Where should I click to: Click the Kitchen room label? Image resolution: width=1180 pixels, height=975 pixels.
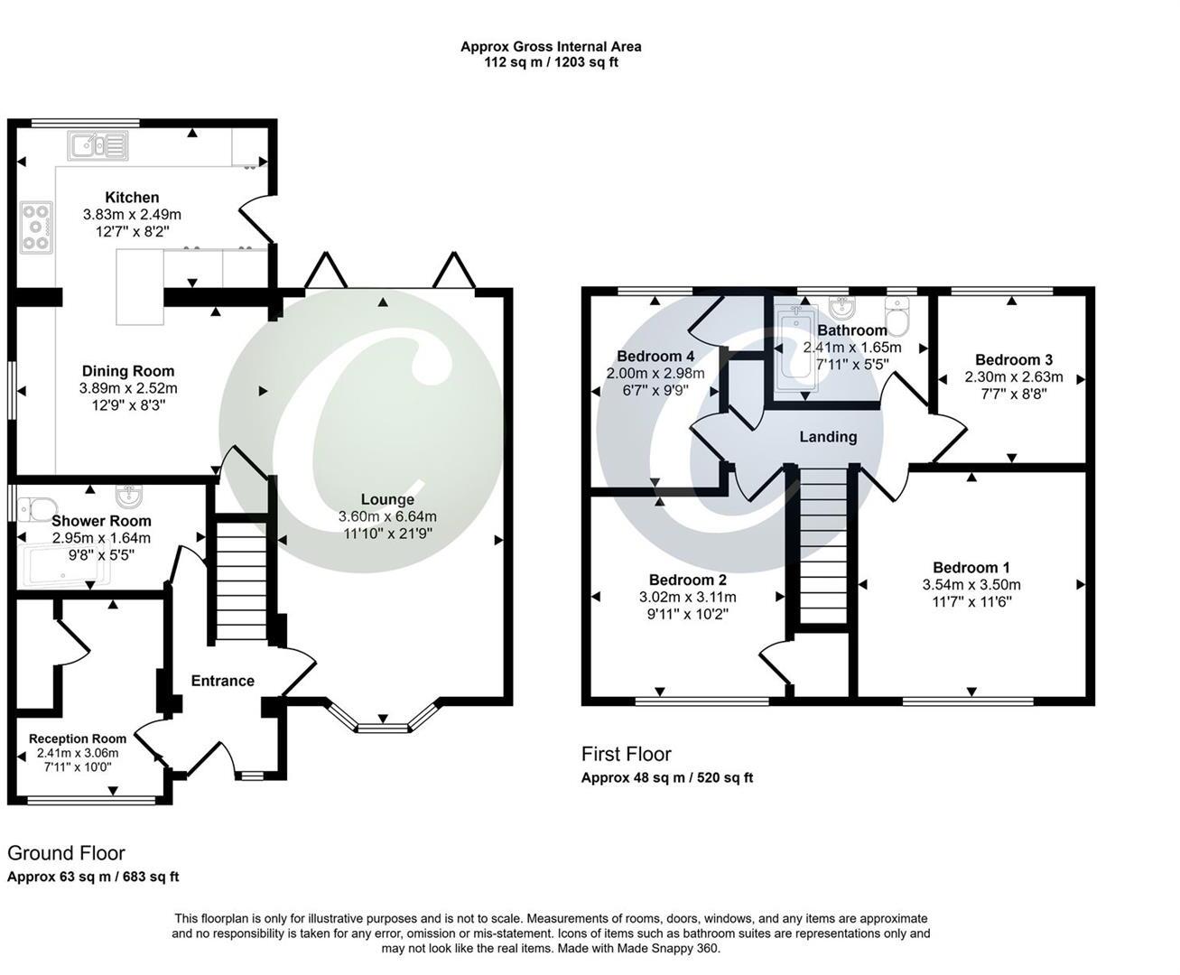pyautogui.click(x=132, y=198)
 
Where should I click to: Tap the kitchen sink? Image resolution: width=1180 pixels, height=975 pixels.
pyautogui.click(x=98, y=145)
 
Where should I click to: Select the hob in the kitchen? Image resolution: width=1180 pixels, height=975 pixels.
pyautogui.click(x=37, y=227)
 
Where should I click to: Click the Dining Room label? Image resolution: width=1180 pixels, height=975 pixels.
pyautogui.click(x=128, y=371)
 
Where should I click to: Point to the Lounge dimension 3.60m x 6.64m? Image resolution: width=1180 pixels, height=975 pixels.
pyautogui.click(x=387, y=516)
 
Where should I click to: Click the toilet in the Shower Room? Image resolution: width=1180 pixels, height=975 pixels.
pyautogui.click(x=35, y=508)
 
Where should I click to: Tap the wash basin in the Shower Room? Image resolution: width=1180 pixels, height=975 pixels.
pyautogui.click(x=130, y=496)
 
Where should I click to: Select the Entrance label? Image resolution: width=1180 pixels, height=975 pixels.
pyautogui.click(x=223, y=681)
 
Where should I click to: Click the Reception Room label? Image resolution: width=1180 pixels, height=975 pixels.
pyautogui.click(x=78, y=738)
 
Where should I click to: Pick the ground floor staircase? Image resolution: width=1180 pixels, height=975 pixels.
pyautogui.click(x=242, y=580)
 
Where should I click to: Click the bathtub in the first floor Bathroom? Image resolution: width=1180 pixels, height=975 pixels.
pyautogui.click(x=796, y=348)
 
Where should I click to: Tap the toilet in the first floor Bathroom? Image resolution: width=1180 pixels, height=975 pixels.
pyautogui.click(x=897, y=318)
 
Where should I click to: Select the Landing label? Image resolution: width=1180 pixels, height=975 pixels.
pyautogui.click(x=828, y=437)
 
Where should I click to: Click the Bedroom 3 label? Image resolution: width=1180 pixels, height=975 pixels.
pyautogui.click(x=1014, y=359)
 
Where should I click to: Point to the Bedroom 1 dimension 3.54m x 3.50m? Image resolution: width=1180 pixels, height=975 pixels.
pyautogui.click(x=971, y=584)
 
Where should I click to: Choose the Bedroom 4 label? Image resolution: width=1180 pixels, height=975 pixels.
pyautogui.click(x=655, y=356)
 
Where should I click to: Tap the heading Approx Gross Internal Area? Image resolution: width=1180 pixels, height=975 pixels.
pyautogui.click(x=551, y=46)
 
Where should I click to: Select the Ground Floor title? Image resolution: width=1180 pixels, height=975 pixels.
pyautogui.click(x=66, y=853)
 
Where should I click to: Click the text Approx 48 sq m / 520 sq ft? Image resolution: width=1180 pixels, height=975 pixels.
pyautogui.click(x=667, y=777)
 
